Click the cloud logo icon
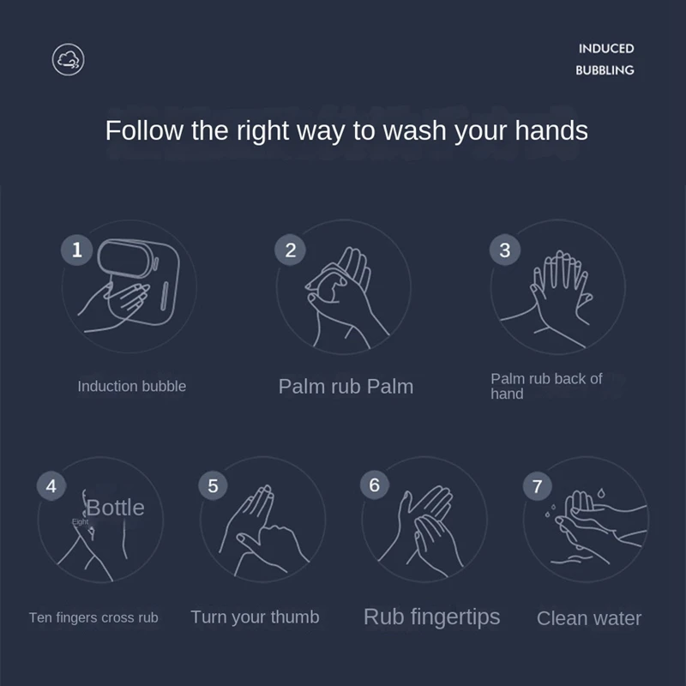[x=68, y=59]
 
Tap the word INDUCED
[x=606, y=49]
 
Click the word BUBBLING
[x=605, y=70]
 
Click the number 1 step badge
[x=76, y=250]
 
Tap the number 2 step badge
[x=290, y=250]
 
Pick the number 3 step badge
[x=505, y=250]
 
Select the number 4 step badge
[x=51, y=485]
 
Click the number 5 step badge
[x=213, y=485]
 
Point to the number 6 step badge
[x=375, y=484]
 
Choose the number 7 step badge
[x=538, y=486]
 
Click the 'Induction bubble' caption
[x=132, y=387]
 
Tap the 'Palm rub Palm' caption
[x=346, y=387]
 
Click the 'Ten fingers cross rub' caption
[x=93, y=617]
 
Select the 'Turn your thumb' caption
[x=255, y=617]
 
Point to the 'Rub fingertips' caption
[x=432, y=617]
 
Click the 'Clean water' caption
[x=589, y=618]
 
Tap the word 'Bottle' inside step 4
[x=115, y=508]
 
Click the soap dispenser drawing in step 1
[x=139, y=282]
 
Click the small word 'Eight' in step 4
[x=80, y=521]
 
